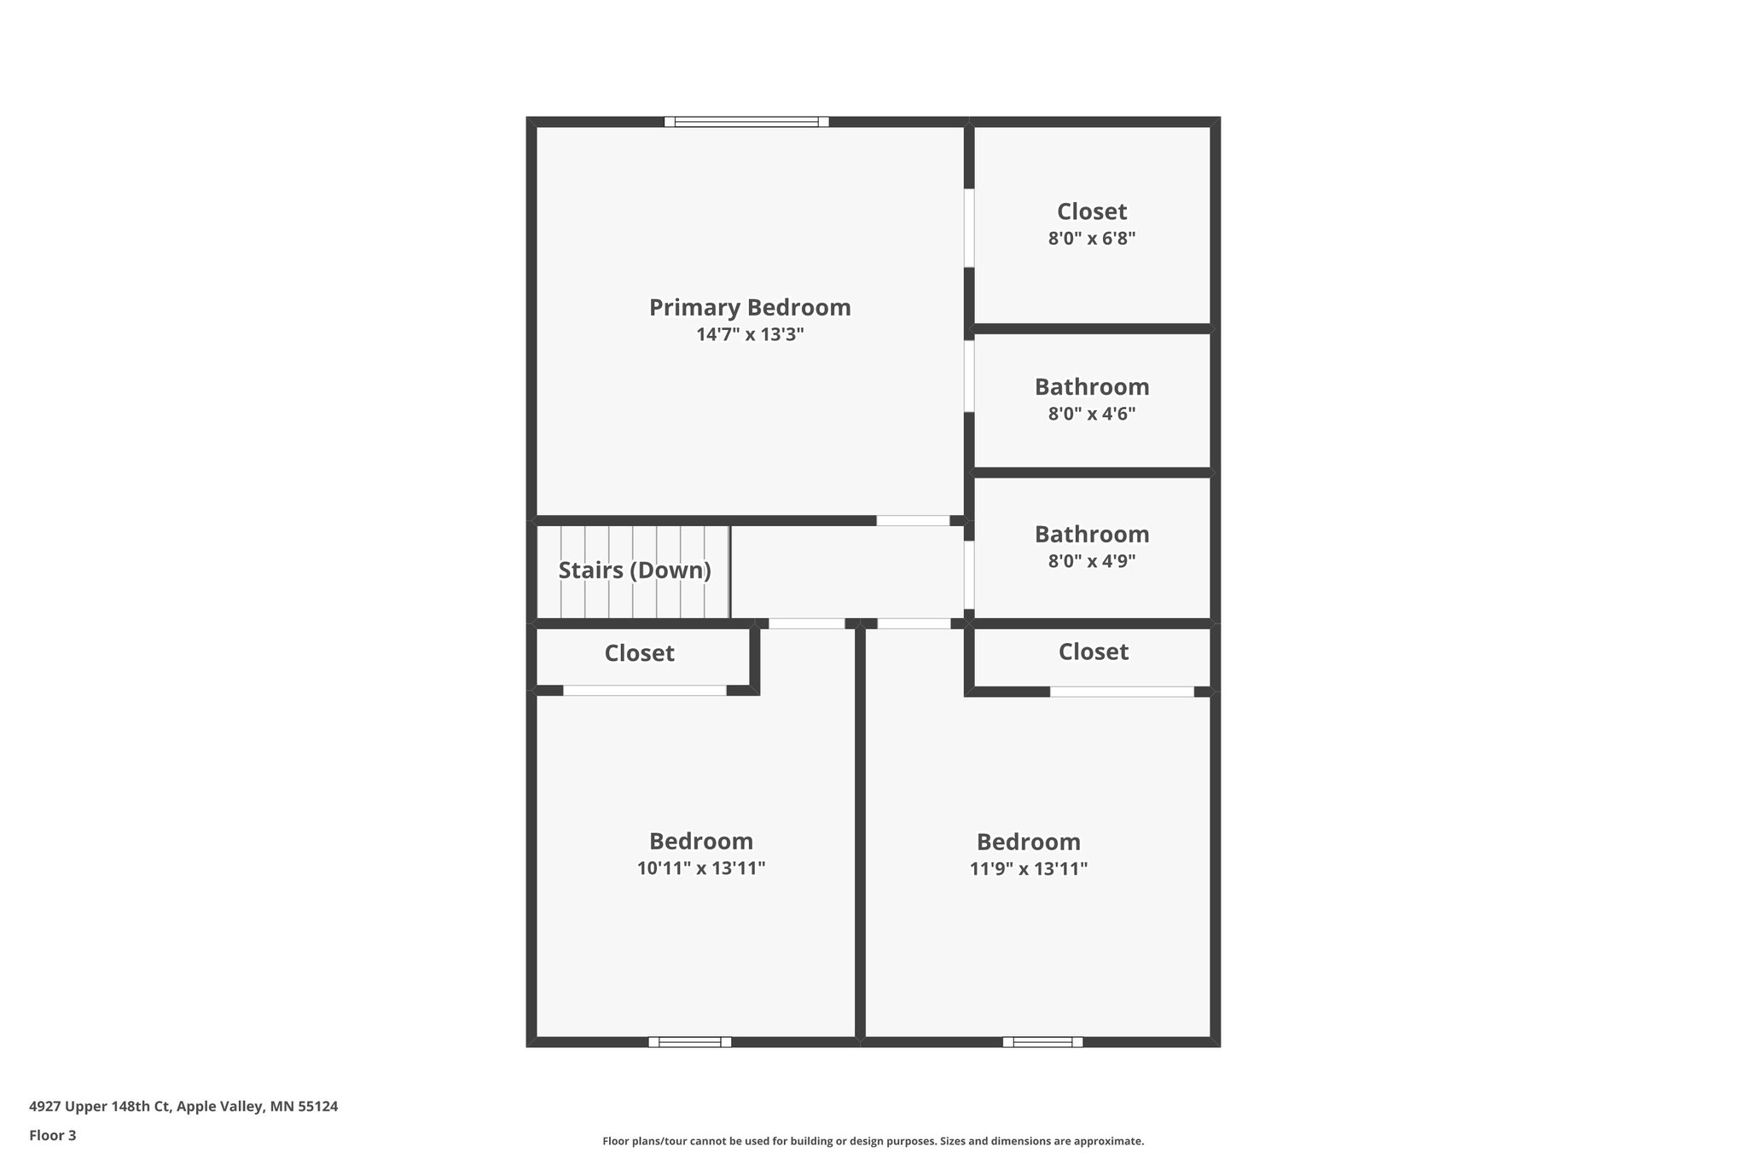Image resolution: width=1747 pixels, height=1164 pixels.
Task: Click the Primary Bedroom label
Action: point(750,307)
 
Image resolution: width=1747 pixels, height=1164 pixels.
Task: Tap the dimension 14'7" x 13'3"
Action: point(750,334)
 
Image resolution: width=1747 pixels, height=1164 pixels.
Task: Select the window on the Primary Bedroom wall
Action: point(746,122)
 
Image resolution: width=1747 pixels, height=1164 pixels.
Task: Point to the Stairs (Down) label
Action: point(635,570)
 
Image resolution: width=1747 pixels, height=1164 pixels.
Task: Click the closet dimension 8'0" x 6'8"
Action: point(1092,239)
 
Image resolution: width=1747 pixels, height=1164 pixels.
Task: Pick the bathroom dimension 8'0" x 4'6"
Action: point(1092,414)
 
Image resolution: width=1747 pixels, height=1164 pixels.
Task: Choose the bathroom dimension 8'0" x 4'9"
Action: point(1092,561)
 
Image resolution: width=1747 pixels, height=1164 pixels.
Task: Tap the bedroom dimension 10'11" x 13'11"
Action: point(701,869)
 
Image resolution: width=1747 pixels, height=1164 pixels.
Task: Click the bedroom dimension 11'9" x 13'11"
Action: point(1029,869)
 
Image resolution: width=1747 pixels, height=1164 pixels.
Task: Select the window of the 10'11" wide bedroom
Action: point(690,1041)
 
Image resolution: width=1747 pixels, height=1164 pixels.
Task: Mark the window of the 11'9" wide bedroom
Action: point(1042,1041)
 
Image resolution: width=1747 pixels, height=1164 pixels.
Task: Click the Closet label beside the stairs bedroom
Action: point(640,653)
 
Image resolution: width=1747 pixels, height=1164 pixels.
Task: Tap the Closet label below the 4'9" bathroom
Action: point(1094,651)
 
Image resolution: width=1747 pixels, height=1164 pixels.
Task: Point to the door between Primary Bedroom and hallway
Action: point(913,520)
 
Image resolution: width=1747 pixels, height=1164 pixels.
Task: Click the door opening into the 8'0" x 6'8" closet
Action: point(969,228)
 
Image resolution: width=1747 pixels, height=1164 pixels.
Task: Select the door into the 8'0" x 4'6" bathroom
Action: point(969,376)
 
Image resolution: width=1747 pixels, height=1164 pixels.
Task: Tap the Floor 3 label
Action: point(53,1135)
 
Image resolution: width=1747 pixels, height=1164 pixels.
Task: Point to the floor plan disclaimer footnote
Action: point(873,1141)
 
